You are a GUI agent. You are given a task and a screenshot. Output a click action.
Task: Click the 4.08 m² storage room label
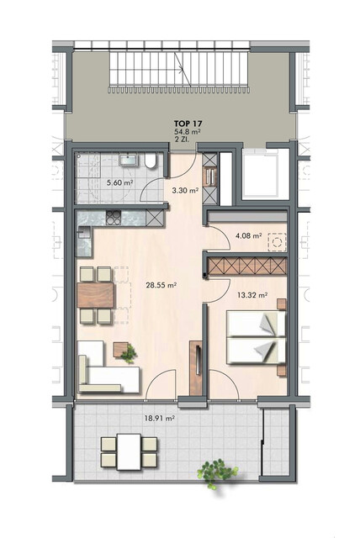click(250, 237)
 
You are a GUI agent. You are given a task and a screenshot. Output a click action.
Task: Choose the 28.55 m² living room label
click(161, 286)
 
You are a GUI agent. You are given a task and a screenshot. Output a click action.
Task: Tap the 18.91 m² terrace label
click(160, 418)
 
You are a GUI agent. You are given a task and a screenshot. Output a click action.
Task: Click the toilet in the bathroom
click(150, 163)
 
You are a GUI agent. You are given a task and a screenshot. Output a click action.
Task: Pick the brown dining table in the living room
click(96, 295)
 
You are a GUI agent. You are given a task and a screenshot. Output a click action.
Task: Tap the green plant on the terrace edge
click(212, 471)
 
